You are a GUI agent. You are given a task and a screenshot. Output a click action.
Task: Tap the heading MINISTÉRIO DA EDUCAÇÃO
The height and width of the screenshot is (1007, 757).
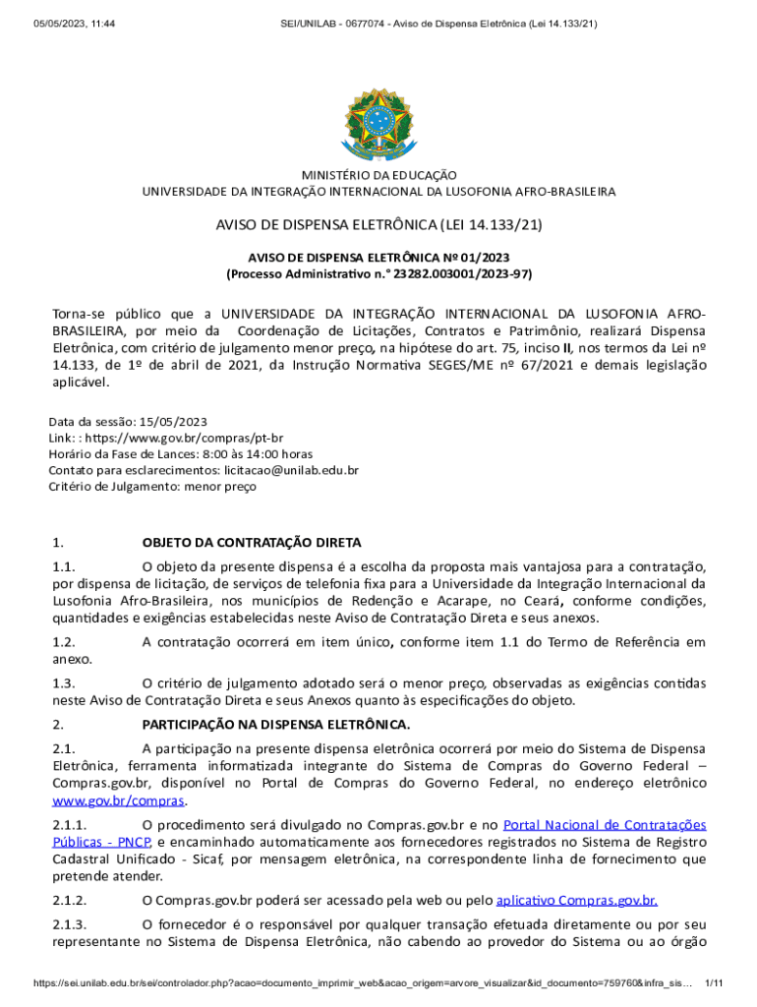(x=378, y=175)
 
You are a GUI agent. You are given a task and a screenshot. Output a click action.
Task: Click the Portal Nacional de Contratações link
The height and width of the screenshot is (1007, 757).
(x=604, y=824)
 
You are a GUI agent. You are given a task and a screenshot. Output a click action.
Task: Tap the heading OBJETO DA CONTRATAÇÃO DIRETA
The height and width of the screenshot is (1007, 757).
(x=252, y=542)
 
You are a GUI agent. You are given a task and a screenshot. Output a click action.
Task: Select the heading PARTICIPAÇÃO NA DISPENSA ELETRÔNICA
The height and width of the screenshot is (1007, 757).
(x=275, y=725)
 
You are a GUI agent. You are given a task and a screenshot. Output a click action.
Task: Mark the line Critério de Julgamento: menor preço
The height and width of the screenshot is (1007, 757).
(x=152, y=486)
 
